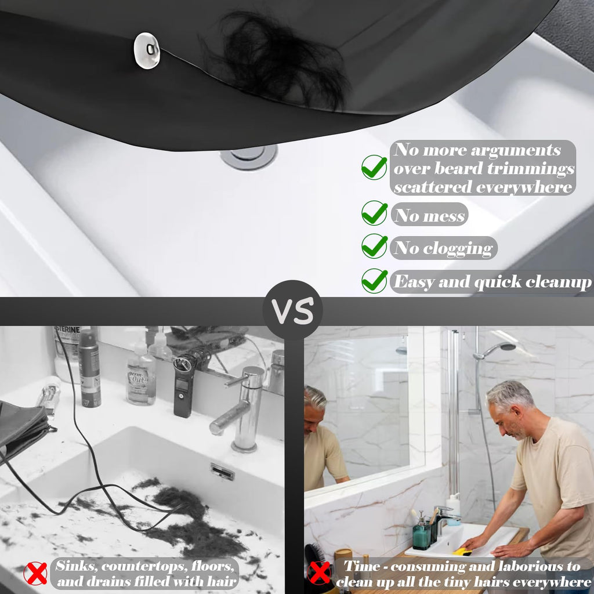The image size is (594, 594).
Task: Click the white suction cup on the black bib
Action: [x=147, y=51]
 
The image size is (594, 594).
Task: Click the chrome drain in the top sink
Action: [x=249, y=157]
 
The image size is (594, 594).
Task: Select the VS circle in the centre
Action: [x=292, y=310]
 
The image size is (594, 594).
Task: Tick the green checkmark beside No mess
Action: [x=374, y=213]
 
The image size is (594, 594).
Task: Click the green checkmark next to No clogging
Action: [x=374, y=246]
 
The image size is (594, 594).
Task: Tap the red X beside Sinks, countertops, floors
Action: [x=35, y=574]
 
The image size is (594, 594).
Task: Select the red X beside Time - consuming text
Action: [x=320, y=573]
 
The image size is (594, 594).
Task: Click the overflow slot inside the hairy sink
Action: [x=222, y=472]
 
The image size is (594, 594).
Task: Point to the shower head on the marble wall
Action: [x=494, y=350]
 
